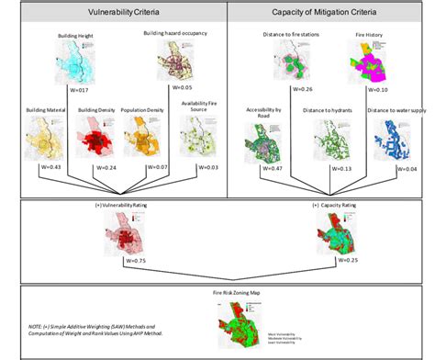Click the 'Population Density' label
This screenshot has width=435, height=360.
tap(141, 110)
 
